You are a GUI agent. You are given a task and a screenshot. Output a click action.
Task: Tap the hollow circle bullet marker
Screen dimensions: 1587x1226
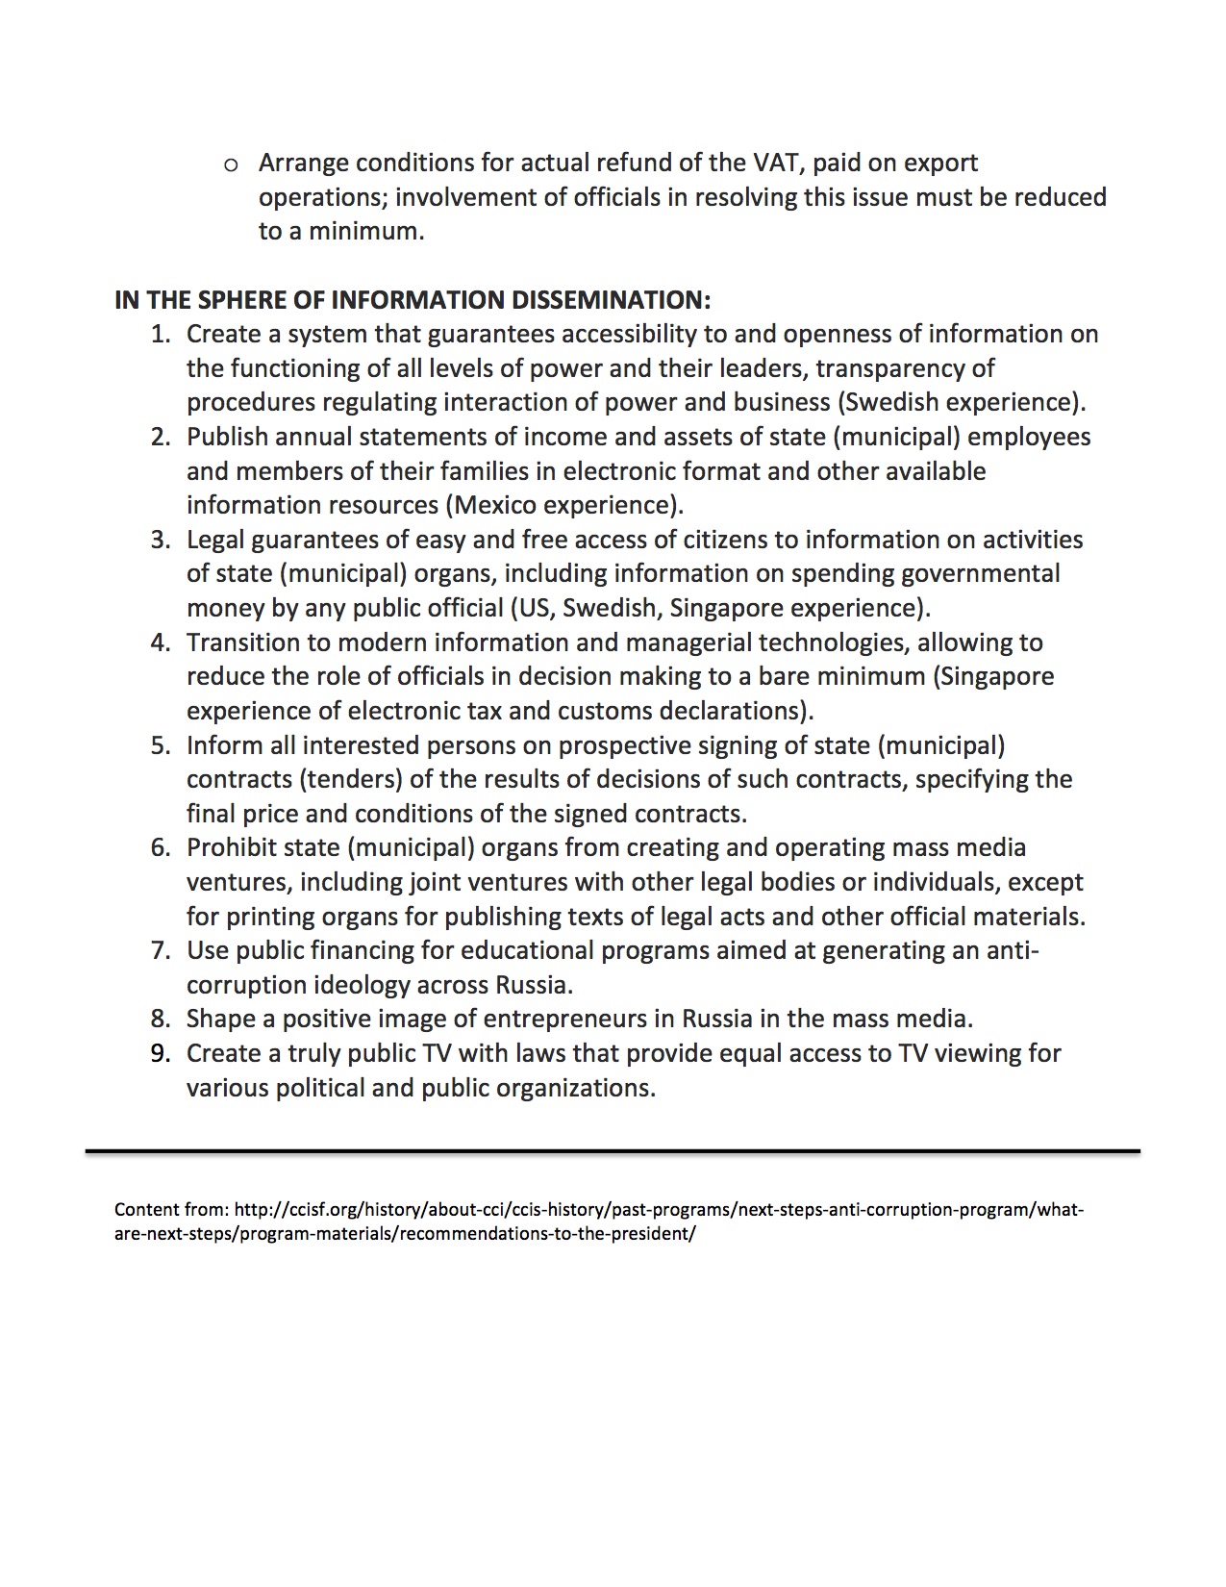point(231,164)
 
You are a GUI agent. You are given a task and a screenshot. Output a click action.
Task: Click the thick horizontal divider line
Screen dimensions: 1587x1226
point(613,1150)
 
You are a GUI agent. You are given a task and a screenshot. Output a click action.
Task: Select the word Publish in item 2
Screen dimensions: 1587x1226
point(227,437)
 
